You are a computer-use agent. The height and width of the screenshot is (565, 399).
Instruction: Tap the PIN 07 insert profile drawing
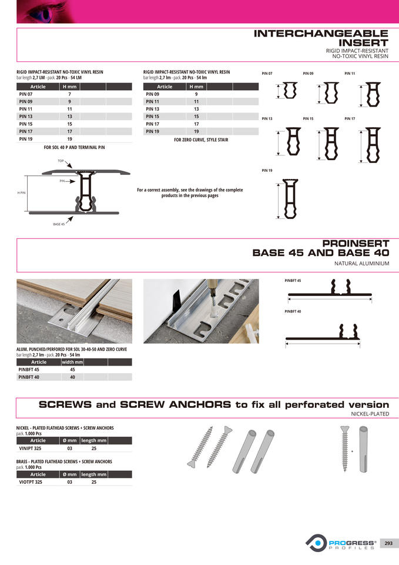290,91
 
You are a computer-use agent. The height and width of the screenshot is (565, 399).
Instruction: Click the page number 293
388,543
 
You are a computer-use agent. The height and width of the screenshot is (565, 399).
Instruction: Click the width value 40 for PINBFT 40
72,377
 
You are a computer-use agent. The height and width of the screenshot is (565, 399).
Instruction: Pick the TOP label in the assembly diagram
61,161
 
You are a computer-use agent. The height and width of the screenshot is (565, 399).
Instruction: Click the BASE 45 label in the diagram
59,224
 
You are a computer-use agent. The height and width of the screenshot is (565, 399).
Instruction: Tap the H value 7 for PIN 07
69,94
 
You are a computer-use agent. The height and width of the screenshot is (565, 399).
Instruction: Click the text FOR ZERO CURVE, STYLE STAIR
201,140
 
